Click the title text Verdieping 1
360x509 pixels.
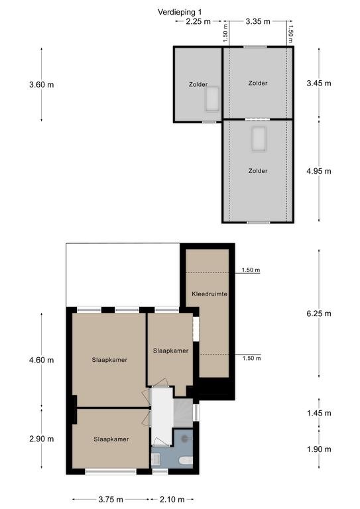(180, 13)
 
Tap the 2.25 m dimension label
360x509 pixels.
(198, 21)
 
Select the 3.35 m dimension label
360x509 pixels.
(258, 21)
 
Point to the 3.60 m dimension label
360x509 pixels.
(42, 85)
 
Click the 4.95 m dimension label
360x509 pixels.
(319, 171)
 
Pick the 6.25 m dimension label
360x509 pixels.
(319, 313)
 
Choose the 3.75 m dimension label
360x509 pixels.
(111, 499)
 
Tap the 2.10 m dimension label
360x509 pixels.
(172, 499)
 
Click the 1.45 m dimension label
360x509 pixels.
(319, 414)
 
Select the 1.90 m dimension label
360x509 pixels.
(319, 449)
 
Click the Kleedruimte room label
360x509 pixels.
(210, 294)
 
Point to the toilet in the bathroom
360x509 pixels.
(186, 461)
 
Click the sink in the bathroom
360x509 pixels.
(156, 459)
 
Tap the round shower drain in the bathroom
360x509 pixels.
(185, 439)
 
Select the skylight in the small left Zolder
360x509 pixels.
(212, 99)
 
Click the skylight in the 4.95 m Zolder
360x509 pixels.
(259, 139)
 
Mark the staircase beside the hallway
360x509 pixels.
(183, 413)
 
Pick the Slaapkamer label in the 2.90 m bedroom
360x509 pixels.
(111, 439)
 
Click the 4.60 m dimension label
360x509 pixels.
(42, 360)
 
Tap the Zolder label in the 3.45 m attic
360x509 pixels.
(258, 83)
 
